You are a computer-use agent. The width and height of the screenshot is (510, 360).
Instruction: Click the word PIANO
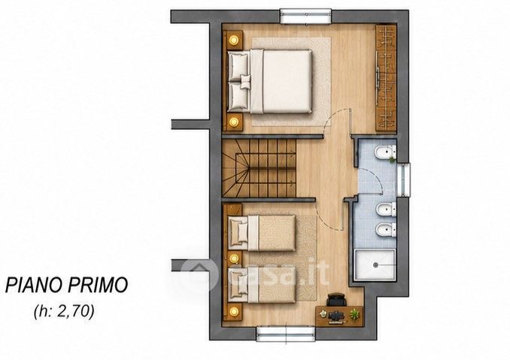coord(34,285)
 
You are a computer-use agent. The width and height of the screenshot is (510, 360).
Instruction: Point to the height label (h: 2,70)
coord(64,312)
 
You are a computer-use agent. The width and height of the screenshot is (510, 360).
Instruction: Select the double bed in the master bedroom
coord(270,81)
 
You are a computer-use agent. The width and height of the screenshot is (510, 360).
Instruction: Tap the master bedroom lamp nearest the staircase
coord(233,122)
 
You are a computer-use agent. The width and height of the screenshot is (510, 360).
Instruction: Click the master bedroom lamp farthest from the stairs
coord(233,41)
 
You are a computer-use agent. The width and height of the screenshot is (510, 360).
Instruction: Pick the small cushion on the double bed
coord(245,81)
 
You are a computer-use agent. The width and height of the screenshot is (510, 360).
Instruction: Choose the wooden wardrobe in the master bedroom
coord(386,78)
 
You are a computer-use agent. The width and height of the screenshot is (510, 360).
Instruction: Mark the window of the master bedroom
coord(305,17)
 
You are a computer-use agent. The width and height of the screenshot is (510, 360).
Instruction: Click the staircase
coord(260,168)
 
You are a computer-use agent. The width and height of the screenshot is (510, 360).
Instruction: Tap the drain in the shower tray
coord(375,265)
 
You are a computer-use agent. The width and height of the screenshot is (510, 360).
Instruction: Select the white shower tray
coord(375,264)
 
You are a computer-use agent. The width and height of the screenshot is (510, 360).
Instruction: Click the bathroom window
coord(404,180)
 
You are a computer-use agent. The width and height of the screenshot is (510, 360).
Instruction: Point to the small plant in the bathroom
coord(392,159)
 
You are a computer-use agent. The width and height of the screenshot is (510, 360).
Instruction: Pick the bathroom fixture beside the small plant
coord(384,152)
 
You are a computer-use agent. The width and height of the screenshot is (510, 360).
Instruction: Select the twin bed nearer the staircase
coord(263,233)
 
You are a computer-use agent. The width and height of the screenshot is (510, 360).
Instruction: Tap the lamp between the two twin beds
coord(233,259)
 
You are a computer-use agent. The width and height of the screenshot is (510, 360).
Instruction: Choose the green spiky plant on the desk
coord(354,314)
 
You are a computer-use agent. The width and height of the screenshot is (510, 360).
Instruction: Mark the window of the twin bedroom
coord(286,334)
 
